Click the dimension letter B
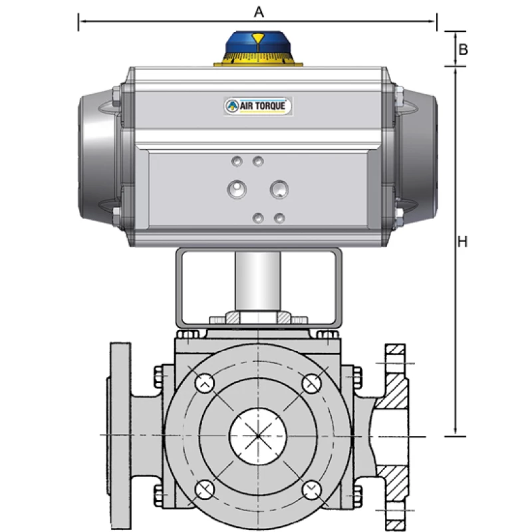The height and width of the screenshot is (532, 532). pos(464,49)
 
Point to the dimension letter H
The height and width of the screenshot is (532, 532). pos(464,242)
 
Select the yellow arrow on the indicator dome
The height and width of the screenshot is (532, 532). pos(257,37)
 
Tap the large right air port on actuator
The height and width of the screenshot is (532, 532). pos(279,190)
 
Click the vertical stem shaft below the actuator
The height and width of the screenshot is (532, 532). pos(258,279)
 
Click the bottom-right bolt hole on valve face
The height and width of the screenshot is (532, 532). pos(311,490)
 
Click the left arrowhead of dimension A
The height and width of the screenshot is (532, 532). pos(82,22)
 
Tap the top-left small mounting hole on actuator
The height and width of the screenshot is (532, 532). pos(235,161)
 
